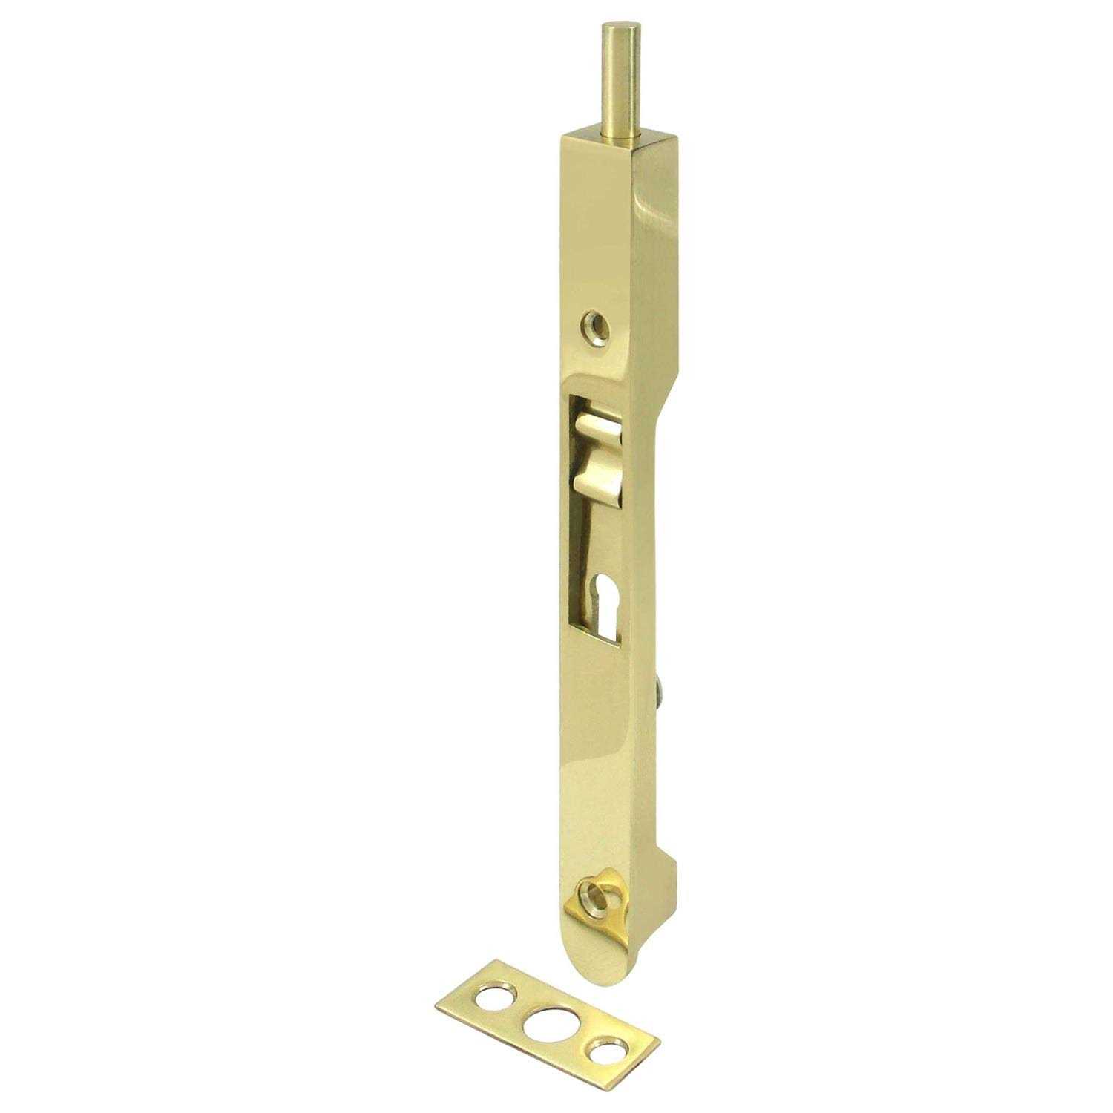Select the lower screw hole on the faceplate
pyautogui.click(x=593, y=890)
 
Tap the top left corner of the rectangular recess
pyautogui.click(x=570, y=395)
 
